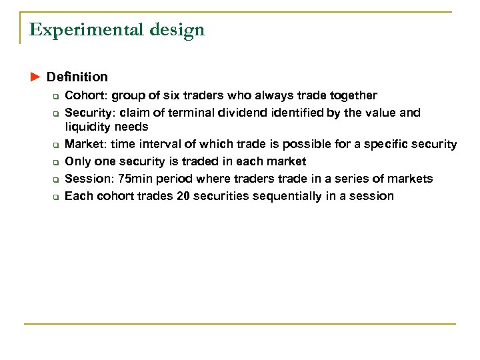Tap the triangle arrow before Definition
pos(35,78)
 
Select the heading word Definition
pos(77,78)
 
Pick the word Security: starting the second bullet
pos(89,113)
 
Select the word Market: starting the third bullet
pos(85,144)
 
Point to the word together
pos(353,95)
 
